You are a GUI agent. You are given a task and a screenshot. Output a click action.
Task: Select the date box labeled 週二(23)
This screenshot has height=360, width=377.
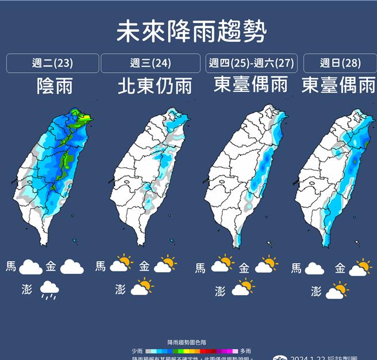(52, 63)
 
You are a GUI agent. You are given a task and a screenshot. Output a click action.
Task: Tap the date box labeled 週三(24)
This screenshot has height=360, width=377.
(151, 63)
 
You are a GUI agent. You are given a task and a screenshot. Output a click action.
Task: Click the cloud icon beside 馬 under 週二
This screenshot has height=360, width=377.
(31, 267)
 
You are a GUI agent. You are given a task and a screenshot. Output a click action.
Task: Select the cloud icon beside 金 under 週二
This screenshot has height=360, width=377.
(72, 267)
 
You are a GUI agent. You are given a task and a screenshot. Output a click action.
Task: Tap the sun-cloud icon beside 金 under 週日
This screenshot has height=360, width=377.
(361, 268)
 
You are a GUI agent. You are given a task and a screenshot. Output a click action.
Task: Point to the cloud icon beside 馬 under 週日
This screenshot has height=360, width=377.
(315, 268)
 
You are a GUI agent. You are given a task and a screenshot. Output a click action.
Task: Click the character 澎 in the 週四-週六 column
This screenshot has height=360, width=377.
(220, 291)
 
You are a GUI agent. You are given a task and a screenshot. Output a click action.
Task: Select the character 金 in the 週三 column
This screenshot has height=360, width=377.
(144, 266)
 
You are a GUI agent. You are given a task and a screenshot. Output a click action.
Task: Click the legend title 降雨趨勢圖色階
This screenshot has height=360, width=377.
(188, 342)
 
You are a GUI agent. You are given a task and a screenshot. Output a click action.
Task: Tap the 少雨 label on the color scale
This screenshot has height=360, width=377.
(136, 351)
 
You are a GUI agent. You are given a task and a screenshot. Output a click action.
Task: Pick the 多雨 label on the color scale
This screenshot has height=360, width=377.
(245, 351)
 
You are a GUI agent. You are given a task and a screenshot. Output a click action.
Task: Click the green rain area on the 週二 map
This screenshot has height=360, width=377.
(67, 155)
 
